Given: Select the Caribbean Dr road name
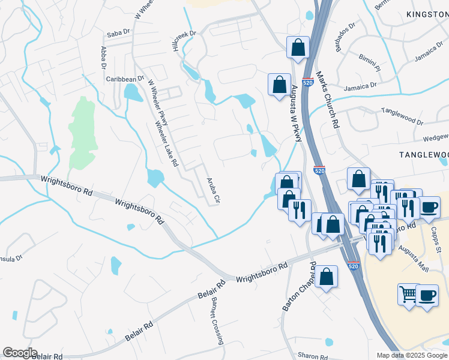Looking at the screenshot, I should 125,79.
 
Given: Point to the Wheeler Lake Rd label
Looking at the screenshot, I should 167,143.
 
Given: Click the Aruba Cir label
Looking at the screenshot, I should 214,191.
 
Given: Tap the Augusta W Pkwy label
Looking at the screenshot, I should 295,113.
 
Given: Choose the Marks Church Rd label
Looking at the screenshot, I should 327,100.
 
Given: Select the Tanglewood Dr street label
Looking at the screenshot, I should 402,116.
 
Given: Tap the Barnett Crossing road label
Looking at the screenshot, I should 217,322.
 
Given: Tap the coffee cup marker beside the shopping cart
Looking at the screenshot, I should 427,296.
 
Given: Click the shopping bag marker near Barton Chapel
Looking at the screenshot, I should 326,277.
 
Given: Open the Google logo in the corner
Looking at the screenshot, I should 20,353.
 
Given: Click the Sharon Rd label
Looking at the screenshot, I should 312,356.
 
